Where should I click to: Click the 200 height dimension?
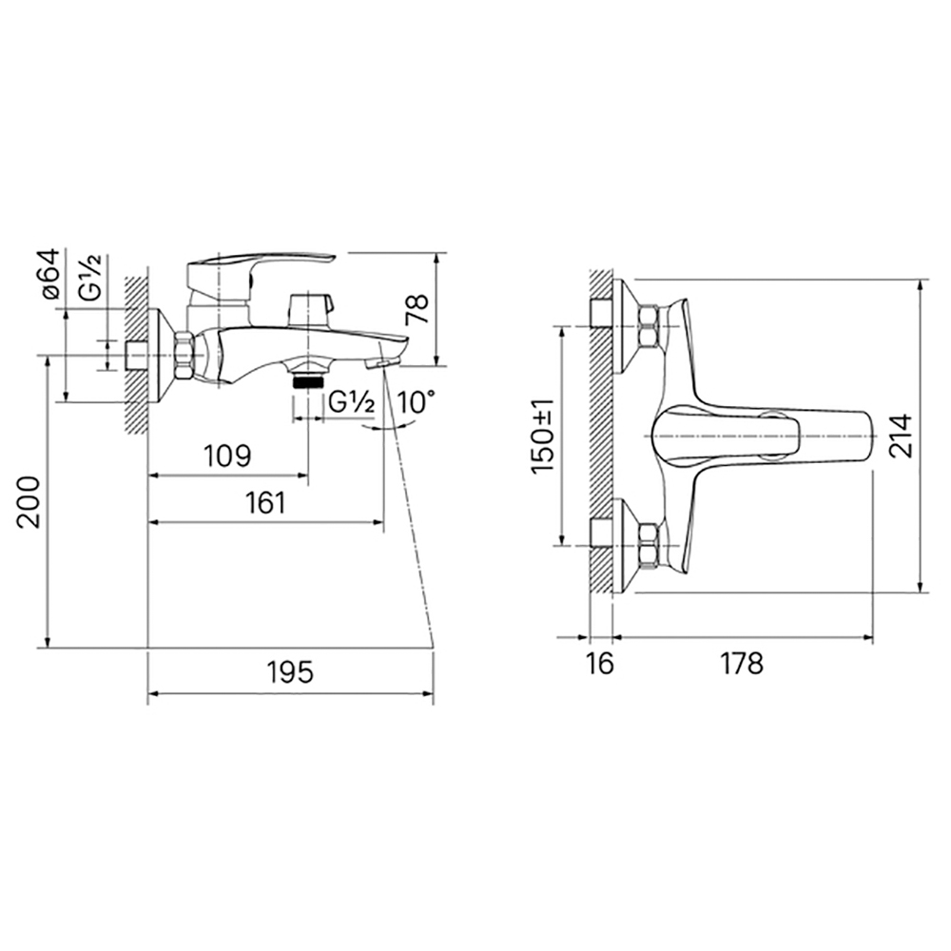pos(28,502)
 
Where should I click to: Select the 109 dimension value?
pos(227,456)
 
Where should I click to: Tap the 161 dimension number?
pos(265,503)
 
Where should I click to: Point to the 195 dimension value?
pos(290,672)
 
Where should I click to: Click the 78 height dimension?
pos(417,309)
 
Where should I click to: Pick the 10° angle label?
pos(417,401)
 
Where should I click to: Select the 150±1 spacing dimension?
pos(542,437)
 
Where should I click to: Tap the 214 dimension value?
pos(901,437)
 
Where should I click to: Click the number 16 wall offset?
pos(600,664)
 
